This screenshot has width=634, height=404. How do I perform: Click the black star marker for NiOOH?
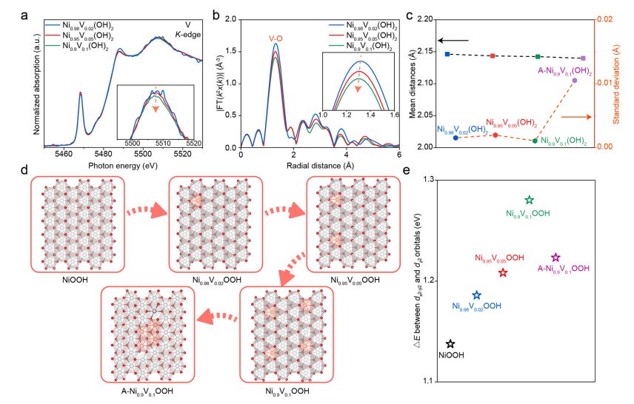(451, 344)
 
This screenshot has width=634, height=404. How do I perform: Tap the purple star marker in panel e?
(556, 257)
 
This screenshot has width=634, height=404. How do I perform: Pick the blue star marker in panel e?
(477, 295)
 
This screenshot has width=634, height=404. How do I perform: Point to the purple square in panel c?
(584, 58)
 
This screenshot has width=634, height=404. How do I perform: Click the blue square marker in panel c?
(447, 54)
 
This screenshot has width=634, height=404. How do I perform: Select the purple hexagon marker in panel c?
(575, 80)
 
